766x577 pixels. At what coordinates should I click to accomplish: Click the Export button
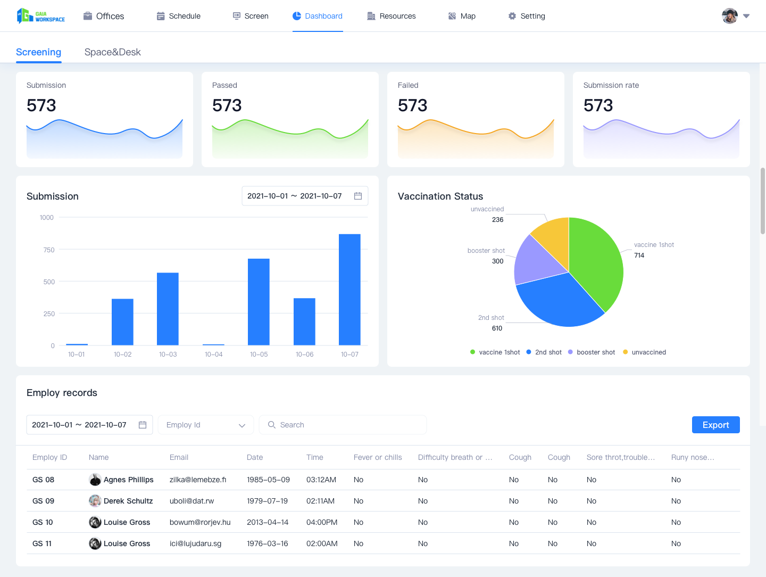(715, 425)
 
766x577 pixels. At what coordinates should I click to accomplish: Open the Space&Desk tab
(112, 52)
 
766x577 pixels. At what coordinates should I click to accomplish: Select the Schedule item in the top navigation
(179, 16)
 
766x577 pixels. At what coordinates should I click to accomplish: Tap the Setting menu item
(527, 16)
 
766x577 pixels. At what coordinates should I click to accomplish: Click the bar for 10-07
(349, 290)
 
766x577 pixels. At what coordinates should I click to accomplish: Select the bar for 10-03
(168, 309)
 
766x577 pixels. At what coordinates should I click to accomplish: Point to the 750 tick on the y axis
(49, 250)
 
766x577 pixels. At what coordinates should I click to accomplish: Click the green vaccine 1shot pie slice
(596, 261)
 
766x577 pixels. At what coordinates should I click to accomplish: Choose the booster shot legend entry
(592, 352)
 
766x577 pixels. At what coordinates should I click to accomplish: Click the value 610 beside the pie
(497, 328)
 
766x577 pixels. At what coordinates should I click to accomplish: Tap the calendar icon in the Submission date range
(358, 196)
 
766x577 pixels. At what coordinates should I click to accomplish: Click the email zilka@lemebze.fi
(198, 480)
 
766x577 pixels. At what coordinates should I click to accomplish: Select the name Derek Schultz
(128, 501)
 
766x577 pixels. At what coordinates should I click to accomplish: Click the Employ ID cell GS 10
(43, 522)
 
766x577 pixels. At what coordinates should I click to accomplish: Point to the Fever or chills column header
(378, 457)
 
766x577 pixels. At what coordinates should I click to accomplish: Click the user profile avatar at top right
(730, 16)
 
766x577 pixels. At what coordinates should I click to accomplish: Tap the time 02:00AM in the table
(322, 543)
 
